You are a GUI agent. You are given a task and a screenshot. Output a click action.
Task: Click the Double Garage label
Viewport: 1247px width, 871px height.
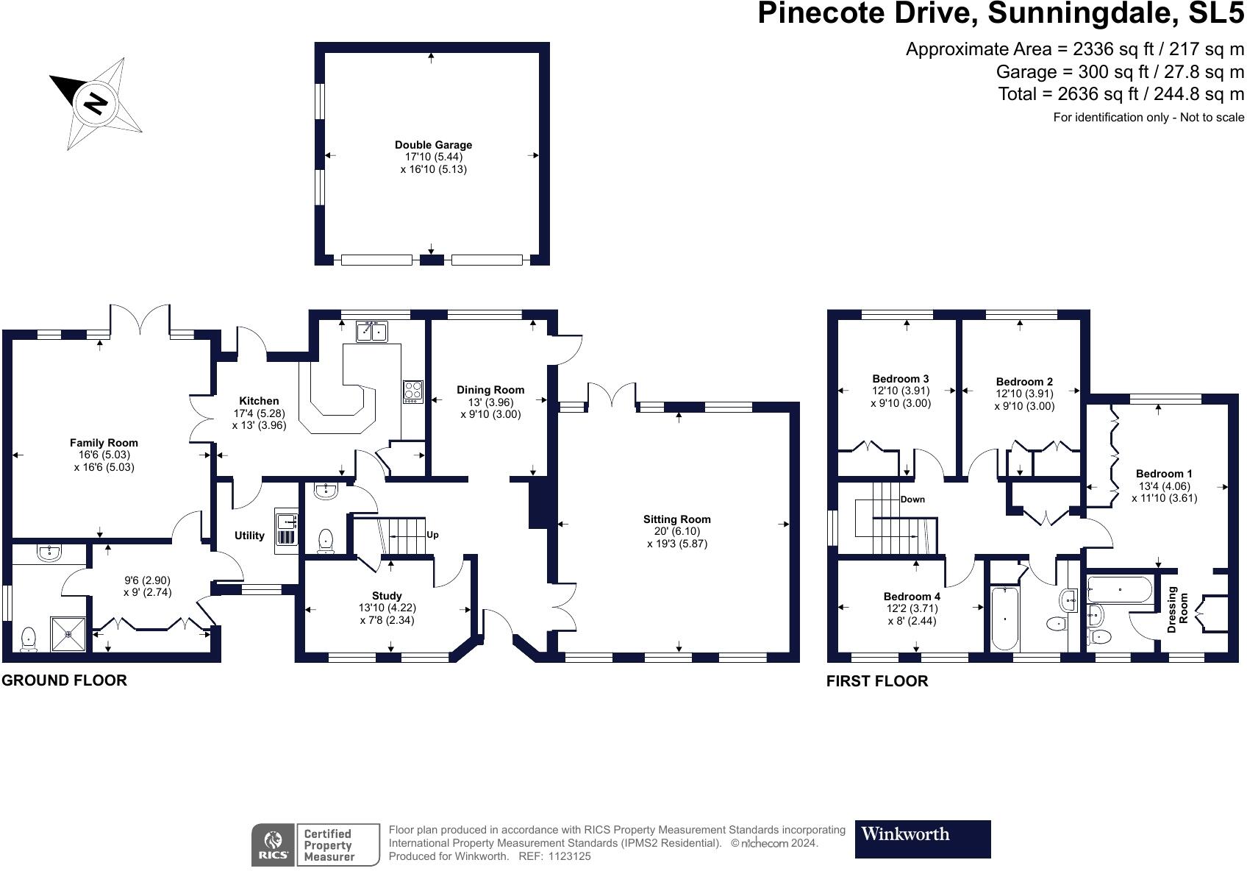(433, 145)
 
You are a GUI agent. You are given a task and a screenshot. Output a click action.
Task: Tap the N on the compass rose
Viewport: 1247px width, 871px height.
(95, 104)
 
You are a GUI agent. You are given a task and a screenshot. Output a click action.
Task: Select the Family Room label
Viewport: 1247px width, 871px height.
(104, 443)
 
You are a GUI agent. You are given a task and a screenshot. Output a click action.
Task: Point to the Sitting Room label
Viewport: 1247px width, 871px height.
(677, 519)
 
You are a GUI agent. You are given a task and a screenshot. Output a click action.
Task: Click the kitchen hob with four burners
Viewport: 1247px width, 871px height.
(413, 391)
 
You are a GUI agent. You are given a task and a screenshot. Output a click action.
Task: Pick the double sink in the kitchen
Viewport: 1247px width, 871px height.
(372, 331)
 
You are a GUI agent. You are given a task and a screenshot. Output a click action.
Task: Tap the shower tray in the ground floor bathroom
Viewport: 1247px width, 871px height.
(68, 633)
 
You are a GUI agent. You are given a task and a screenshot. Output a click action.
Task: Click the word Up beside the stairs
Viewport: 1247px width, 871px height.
(432, 535)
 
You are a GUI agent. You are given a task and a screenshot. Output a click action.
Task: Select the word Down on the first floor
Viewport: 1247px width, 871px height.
(912, 499)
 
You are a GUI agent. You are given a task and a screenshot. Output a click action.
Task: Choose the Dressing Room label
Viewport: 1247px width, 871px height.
(1178, 609)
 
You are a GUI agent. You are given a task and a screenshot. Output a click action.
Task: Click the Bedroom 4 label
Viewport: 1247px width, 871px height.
(912, 597)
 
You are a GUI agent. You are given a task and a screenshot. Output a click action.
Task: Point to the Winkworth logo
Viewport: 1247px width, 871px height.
(923, 839)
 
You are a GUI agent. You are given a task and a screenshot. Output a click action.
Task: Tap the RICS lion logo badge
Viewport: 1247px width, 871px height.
(273, 845)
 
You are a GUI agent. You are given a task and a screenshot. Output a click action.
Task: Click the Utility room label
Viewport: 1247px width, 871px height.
(249, 536)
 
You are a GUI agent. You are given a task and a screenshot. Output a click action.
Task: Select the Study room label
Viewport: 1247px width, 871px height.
(387, 596)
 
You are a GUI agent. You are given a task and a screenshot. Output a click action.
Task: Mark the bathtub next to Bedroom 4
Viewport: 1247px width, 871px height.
(1005, 618)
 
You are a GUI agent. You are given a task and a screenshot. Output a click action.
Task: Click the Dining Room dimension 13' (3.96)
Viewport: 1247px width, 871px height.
(490, 402)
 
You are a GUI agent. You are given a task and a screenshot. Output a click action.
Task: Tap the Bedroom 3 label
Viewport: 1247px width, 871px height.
(900, 379)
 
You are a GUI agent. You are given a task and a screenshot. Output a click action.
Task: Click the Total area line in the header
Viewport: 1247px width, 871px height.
(1121, 94)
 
